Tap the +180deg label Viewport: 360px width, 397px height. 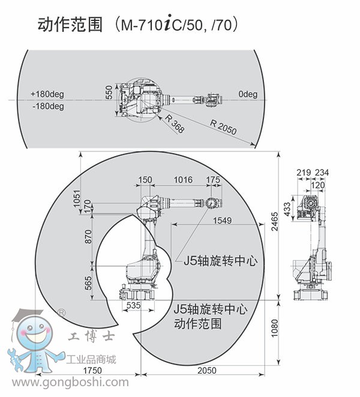[47, 94]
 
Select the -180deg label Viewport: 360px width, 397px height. [47, 106]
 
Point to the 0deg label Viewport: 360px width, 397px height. [247, 94]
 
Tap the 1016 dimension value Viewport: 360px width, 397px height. [183, 180]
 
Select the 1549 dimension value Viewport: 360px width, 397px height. [221, 221]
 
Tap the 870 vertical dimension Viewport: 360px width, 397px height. [89, 237]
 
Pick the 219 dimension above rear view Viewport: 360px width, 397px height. [303, 173]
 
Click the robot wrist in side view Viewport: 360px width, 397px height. [211, 203]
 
